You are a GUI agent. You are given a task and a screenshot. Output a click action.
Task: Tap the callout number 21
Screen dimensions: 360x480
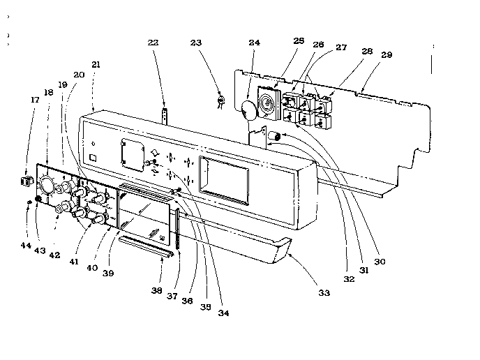click(96, 65)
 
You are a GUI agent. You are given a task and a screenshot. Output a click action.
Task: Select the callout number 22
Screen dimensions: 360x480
click(153, 43)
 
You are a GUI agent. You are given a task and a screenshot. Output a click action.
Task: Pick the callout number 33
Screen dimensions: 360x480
click(324, 293)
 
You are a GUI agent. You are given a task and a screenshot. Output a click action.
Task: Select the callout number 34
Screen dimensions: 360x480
click(223, 313)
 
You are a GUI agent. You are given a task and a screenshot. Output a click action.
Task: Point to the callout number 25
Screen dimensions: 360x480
click(299, 42)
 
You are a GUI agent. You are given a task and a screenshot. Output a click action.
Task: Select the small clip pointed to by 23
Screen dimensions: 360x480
click(221, 100)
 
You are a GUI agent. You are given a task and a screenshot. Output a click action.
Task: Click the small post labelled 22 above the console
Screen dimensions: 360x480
click(166, 114)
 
